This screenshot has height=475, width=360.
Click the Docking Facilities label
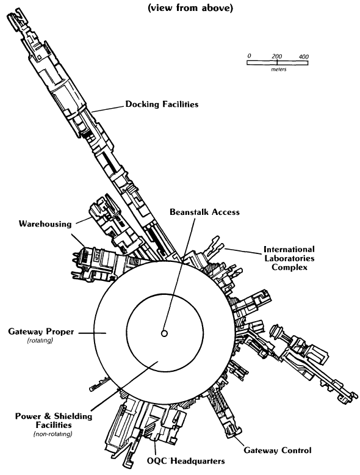[162, 104]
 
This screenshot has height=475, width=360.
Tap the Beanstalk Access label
[204, 212]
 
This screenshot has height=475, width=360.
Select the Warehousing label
[45, 224]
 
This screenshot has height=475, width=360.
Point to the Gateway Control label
[278, 451]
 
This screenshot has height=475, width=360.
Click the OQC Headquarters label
[186, 461]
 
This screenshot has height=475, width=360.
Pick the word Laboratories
[289, 258]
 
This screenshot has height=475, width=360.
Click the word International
[289, 249]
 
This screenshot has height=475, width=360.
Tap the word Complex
[289, 267]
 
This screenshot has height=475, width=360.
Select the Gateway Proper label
[41, 332]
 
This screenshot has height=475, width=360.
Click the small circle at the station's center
[164, 333]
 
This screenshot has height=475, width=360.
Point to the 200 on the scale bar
[277, 56]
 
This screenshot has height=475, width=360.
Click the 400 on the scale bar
[304, 57]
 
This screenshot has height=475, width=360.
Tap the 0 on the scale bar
[249, 56]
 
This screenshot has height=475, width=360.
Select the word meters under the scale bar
[279, 70]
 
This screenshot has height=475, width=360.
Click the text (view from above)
[190, 8]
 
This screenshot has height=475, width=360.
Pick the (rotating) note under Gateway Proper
[40, 341]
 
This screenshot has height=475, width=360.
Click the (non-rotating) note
[53, 434]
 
